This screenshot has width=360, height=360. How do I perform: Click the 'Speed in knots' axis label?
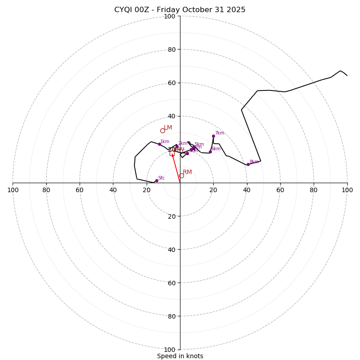point(180,356)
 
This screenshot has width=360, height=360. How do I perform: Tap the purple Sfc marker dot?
point(157,180)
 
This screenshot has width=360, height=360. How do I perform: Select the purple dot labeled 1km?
point(159,144)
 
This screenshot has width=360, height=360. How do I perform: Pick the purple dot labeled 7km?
point(213,136)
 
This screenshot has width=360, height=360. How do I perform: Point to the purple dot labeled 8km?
point(248,164)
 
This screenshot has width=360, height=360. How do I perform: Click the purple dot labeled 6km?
point(210,152)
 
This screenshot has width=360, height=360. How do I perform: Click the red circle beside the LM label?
point(162,131)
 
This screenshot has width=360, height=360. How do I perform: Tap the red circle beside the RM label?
point(181,176)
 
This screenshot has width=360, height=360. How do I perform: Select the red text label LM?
point(168,128)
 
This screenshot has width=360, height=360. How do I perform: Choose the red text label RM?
point(187,172)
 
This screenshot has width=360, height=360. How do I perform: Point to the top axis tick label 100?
point(170,16)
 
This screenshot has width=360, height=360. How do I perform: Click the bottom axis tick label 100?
point(170,350)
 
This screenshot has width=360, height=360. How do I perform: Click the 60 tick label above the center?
point(170,83)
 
